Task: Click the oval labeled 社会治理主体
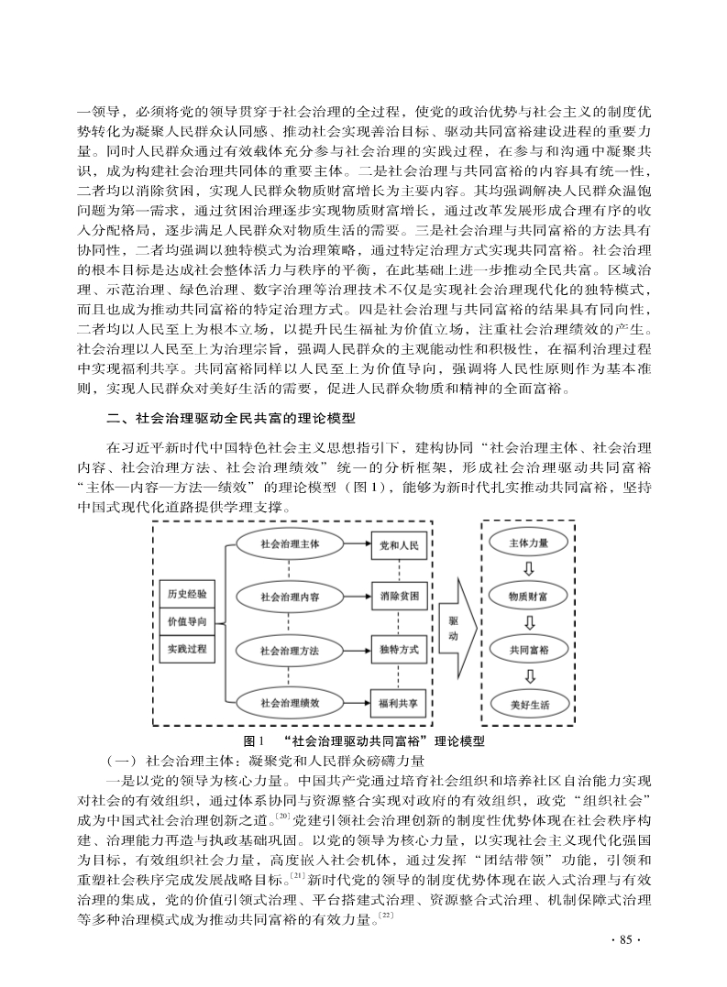coord(290,543)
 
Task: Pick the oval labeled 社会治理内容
coord(290,597)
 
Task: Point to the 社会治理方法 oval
coord(290,650)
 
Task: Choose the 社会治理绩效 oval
coord(290,703)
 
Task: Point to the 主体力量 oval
coord(529,543)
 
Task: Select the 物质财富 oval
coord(529,597)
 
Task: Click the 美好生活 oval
coord(529,705)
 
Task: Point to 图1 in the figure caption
coord(250,740)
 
